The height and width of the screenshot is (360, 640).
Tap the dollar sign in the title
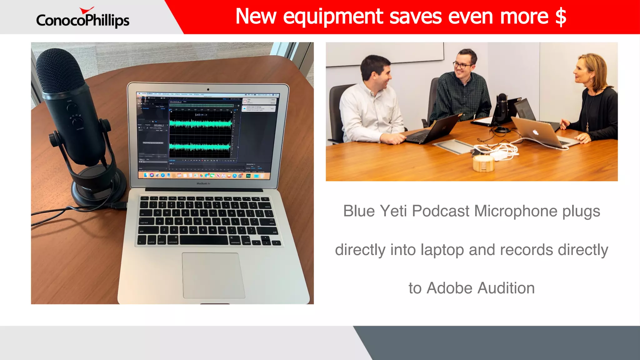click(561, 17)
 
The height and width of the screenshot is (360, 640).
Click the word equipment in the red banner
click(333, 17)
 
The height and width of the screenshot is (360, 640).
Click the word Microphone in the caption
click(516, 211)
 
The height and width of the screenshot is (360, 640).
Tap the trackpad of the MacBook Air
click(213, 275)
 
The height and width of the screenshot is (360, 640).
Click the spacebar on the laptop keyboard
click(204, 240)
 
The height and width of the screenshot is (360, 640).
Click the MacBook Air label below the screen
click(203, 183)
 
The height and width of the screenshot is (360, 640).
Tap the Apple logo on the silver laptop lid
click(536, 132)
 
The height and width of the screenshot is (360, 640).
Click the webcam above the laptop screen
click(208, 89)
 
